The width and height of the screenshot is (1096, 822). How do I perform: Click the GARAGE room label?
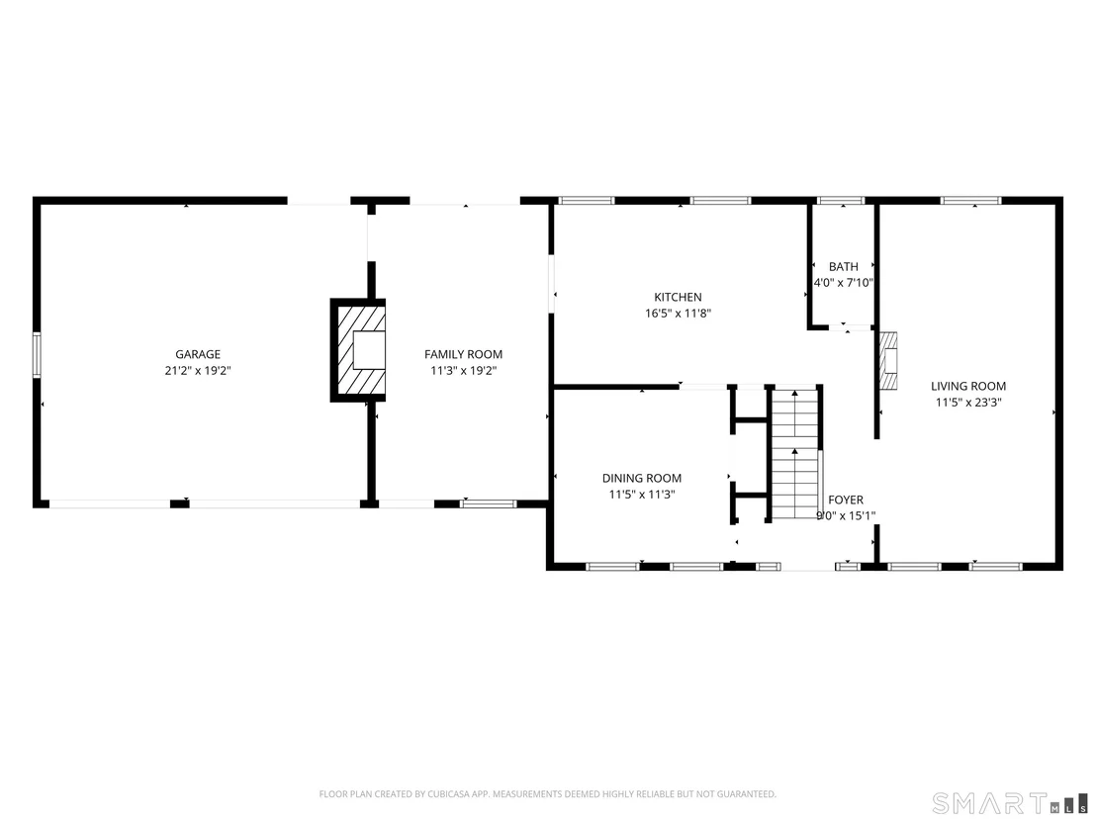pos(198,354)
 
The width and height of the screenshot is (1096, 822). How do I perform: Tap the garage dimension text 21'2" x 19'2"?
pos(198,371)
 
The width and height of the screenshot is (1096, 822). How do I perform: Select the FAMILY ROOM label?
pos(463,354)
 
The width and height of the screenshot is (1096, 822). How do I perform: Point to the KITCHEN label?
pos(678,297)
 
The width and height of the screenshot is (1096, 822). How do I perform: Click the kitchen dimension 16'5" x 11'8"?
pos(678,314)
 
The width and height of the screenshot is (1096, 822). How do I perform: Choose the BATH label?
pos(844,266)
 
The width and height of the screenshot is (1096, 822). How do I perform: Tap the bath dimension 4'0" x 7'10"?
pos(844,283)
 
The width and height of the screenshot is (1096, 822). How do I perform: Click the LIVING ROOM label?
pos(968,386)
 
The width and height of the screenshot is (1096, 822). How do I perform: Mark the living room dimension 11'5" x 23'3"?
pos(968,403)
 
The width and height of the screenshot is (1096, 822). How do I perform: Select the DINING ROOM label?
pos(642,478)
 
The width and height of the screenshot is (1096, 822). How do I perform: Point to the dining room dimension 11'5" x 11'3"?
pos(642,495)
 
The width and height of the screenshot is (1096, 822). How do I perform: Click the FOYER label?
pos(846,500)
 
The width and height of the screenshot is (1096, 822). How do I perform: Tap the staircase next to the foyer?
pos(794,454)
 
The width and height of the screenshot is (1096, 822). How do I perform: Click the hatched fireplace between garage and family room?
pos(358,350)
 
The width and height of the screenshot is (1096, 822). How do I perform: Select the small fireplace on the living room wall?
pos(887,361)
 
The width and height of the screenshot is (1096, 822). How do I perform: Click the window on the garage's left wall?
pos(37,355)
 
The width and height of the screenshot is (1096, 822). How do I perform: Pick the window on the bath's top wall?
pos(841,201)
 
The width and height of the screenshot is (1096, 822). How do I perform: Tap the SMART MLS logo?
pos(1011,802)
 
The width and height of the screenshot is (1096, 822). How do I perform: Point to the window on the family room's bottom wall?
pos(488,503)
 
